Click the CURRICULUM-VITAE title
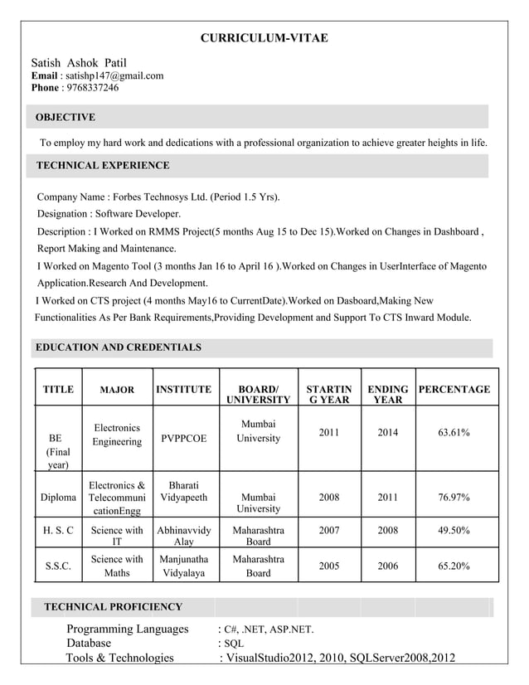[264, 38]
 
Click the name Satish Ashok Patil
[79, 62]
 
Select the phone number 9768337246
[90, 88]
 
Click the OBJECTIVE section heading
[66, 117]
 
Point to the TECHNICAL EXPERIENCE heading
[103, 166]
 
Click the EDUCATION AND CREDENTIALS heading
[118, 347]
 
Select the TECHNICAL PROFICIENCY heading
[113, 607]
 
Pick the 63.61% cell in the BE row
[454, 433]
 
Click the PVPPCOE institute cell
[184, 438]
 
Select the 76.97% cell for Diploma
[454, 498]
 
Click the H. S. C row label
[58, 529]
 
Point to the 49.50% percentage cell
[454, 529]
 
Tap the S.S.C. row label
[58, 566]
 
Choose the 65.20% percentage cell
[454, 566]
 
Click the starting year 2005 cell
[328, 566]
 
